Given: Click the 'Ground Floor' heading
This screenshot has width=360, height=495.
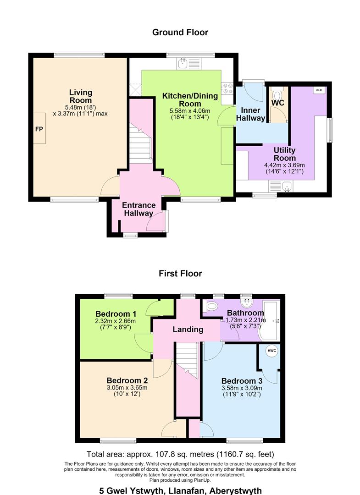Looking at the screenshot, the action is pos(180,32).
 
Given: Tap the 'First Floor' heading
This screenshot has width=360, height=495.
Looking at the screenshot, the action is pos(180,273).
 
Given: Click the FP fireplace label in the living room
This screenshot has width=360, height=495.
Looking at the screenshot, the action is pos(39,129).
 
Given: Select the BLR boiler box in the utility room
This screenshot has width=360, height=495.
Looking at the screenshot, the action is pos(319,90).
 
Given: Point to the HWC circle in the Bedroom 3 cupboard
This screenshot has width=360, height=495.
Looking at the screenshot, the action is pos(271,351).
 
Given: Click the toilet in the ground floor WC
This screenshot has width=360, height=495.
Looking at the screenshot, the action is pos(277,94).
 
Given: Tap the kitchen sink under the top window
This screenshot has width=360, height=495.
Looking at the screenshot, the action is pos(188,64).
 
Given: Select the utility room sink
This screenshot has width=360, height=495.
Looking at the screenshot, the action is pos(281,186).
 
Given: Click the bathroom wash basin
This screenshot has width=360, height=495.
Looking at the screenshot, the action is pos(246,303).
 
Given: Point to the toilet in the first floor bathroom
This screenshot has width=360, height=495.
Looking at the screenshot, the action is pos(210,306).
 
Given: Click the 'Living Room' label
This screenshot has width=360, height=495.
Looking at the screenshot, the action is pos(81,96).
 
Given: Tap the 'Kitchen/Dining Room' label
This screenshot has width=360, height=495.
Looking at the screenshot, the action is pos(190,100).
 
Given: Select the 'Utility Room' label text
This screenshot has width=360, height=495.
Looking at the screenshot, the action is pos(284,154).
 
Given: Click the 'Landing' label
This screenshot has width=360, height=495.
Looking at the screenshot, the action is pos(188,330).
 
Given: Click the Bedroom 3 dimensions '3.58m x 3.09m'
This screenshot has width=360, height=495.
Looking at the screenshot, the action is pos(242,388).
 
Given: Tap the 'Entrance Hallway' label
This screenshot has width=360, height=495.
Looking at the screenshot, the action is pos(138,209).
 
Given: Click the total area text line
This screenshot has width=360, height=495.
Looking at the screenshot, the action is pos(180,454).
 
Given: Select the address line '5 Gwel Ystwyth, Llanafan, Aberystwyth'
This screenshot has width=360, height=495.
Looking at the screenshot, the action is pos(180,491).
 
